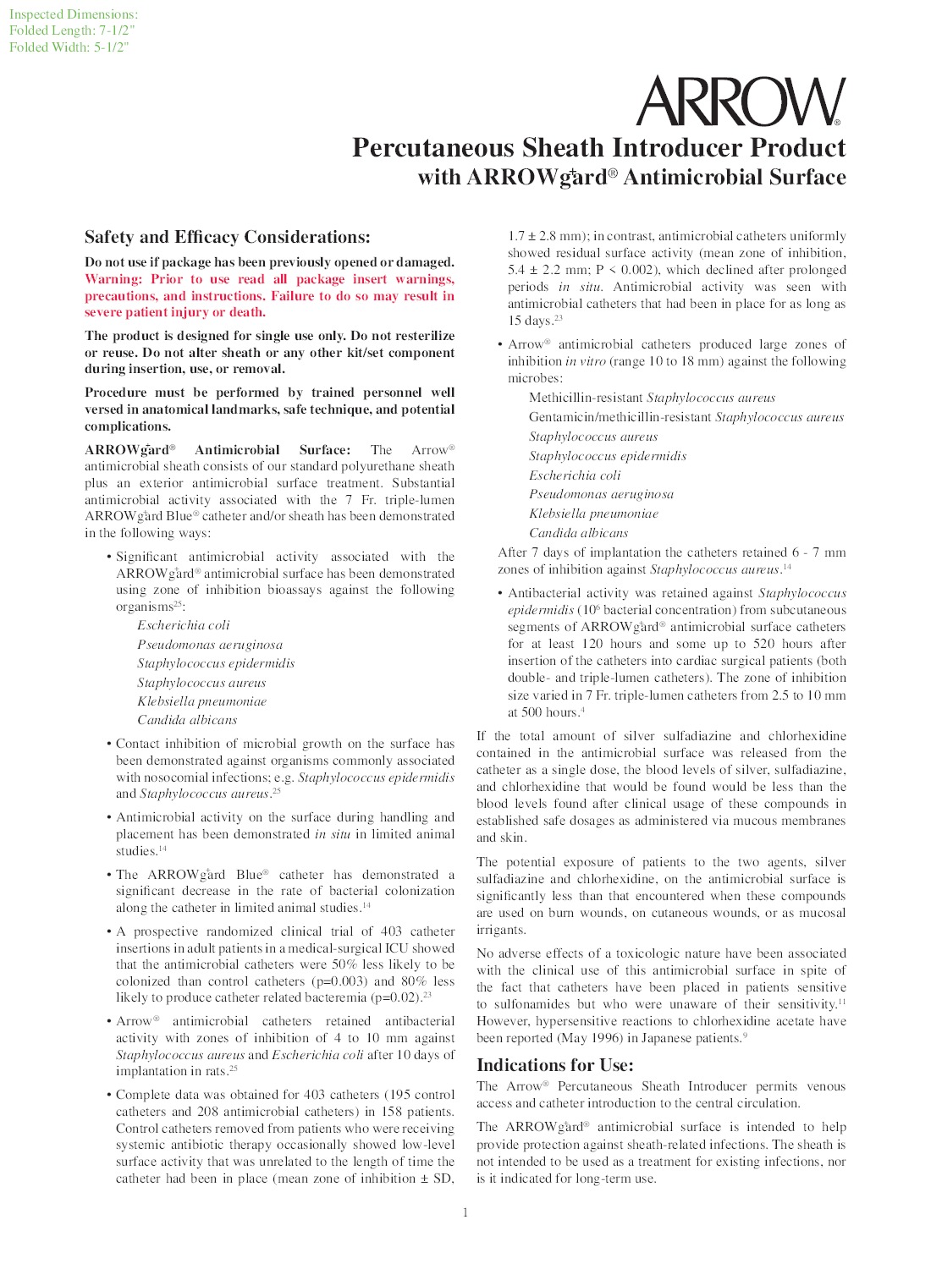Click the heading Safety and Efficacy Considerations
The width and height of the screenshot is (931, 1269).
tap(227, 238)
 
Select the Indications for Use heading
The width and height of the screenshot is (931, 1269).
tap(554, 1065)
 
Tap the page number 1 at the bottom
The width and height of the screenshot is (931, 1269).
tap(465, 1213)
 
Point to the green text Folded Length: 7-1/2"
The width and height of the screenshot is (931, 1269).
tap(72, 30)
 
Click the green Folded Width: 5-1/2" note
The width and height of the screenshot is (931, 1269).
tap(69, 47)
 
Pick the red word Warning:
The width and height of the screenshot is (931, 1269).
tap(113, 279)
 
